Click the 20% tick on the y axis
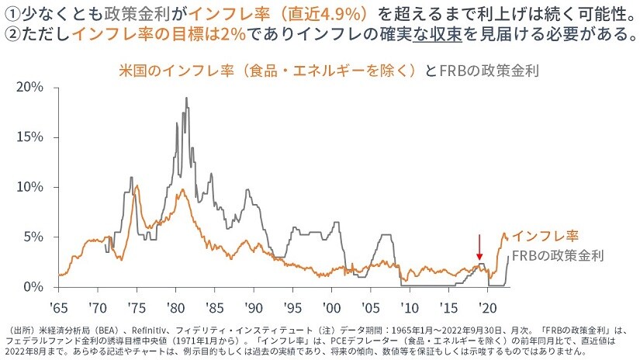(30, 87)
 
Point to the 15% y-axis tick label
(30, 137)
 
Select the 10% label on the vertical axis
(30, 187)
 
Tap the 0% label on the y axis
(34, 287)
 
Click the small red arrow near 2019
(479, 247)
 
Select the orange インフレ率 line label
(546, 235)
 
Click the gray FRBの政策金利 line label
(559, 254)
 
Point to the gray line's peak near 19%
(187, 99)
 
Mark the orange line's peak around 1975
(137, 186)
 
